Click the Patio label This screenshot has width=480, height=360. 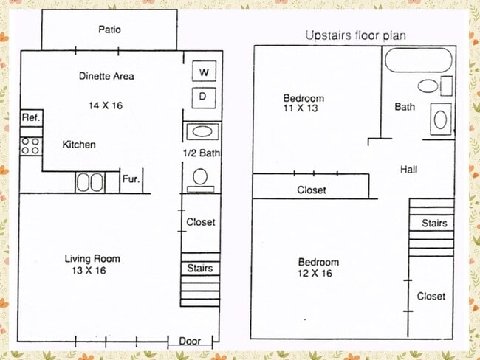109,30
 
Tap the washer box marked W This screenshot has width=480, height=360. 203,72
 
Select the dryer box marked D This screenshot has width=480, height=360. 203,96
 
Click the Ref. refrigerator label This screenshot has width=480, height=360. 30,118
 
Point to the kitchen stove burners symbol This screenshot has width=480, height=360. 30,145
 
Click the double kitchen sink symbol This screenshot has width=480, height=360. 92,181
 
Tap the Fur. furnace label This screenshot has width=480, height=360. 130,179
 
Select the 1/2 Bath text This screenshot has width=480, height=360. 202,153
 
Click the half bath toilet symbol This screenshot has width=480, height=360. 201,177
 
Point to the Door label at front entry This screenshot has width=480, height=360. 190,342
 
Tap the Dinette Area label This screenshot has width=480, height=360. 106,76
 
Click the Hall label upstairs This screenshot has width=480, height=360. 408,170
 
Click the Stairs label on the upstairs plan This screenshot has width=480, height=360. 434,224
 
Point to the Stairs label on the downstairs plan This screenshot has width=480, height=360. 200,268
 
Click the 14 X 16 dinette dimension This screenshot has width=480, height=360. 105,105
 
